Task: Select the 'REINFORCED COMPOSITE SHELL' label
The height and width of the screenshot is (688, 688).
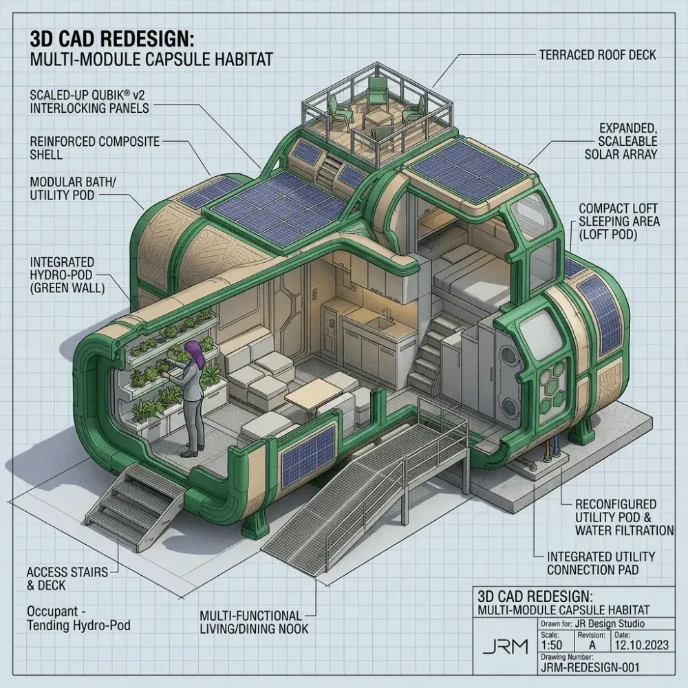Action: coord(95,148)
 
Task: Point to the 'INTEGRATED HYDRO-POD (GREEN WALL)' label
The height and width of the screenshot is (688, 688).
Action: coord(67,275)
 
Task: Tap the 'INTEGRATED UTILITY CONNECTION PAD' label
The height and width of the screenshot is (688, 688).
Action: coord(600,563)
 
